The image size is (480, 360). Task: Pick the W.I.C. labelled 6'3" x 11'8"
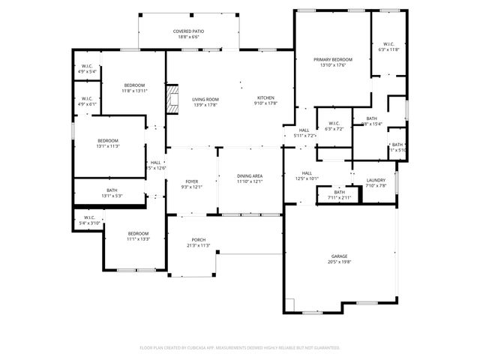coord(388,46)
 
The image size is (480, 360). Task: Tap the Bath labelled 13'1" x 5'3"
coord(112,193)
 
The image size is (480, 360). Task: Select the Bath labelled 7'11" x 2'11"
coord(339,195)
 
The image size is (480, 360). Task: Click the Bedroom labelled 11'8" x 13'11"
coord(134,87)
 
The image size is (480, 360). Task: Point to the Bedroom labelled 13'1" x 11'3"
coord(107,143)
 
